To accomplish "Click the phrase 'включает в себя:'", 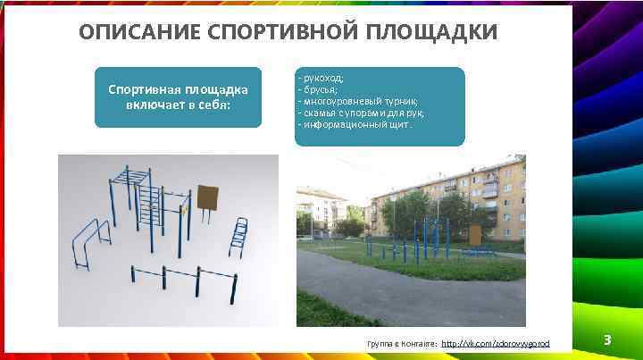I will pyautogui.click(x=178, y=106).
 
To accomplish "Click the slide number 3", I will pyautogui.click(x=607, y=340).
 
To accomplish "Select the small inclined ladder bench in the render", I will pyautogui.click(x=238, y=236).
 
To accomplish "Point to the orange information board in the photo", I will pyautogui.click(x=475, y=234).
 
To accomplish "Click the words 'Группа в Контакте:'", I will pyautogui.click(x=403, y=343).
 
